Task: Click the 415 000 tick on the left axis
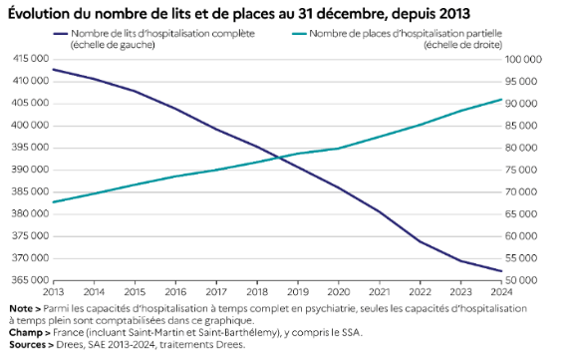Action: tap(31, 59)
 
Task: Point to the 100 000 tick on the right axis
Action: tap(523, 59)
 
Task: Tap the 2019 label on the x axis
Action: tap(298, 292)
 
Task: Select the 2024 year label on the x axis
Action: tap(501, 292)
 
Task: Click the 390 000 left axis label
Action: tap(31, 170)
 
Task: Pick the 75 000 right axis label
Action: tap(521, 170)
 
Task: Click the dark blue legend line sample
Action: tap(61, 34)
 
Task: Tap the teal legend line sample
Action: tap(299, 34)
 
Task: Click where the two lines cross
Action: tap(280, 158)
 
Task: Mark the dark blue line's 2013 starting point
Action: tap(54, 69)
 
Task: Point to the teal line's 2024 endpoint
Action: tap(501, 100)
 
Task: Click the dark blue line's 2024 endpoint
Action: tap(501, 271)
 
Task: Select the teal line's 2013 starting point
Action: tap(54, 201)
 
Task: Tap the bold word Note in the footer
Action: tap(21, 308)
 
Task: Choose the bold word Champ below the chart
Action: tap(25, 333)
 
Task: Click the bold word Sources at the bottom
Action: tap(27, 345)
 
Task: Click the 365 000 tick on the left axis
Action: tap(31, 280)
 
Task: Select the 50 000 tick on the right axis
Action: tap(521, 280)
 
